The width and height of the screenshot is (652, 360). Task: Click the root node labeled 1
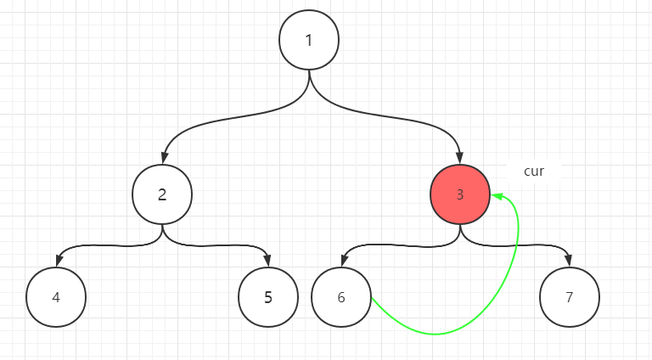309,41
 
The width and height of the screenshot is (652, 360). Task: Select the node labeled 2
162,194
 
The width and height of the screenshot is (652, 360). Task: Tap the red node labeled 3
460,194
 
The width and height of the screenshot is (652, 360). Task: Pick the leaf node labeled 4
56,298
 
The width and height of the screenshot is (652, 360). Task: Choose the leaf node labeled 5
268,298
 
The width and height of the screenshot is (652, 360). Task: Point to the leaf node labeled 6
341,298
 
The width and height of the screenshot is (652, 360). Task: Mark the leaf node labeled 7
570,298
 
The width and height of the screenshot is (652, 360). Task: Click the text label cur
533,172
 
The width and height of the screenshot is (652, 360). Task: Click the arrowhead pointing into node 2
162,158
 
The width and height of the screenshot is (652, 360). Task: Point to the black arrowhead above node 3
460,158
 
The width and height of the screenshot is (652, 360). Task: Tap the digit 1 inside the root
309,41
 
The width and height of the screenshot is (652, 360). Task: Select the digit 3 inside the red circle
460,194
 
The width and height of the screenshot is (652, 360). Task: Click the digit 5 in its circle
268,298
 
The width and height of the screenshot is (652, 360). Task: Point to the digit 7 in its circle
570,298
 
